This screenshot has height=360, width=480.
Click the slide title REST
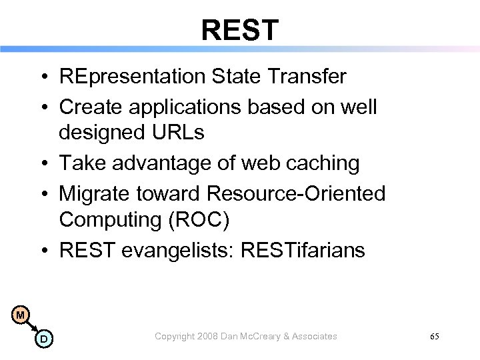coord(240,29)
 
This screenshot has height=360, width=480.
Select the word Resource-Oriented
coord(296,193)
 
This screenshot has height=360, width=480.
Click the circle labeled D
coord(42,340)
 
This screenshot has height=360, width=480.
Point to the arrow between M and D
coord(31,327)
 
